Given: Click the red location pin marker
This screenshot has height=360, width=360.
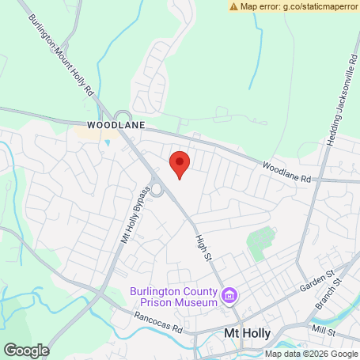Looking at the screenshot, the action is (x=180, y=164).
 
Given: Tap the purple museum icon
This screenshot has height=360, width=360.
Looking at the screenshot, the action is (x=230, y=297).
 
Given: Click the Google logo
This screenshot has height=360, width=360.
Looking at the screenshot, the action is (x=26, y=350).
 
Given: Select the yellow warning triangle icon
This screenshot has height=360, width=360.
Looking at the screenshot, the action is (x=234, y=6).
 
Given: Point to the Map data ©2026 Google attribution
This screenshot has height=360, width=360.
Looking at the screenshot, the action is (x=310, y=354).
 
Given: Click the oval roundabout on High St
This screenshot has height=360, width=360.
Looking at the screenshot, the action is (x=157, y=189).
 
